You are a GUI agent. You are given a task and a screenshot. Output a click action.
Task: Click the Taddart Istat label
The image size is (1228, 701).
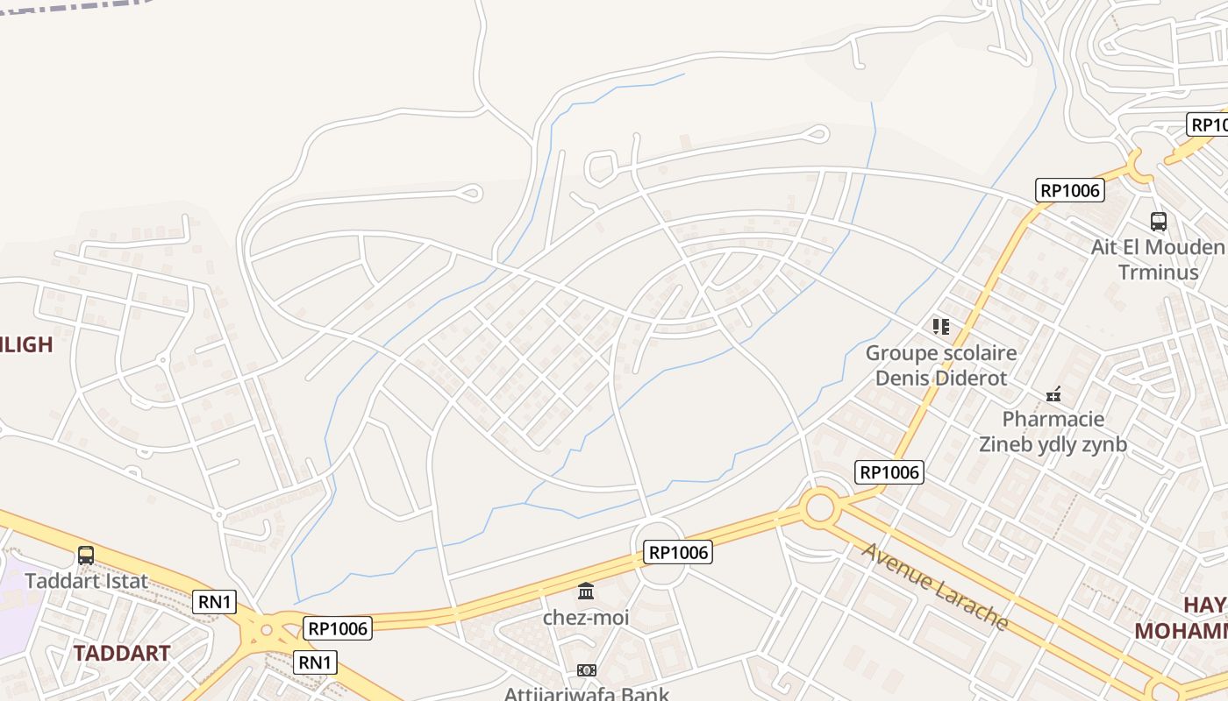[x=86, y=581]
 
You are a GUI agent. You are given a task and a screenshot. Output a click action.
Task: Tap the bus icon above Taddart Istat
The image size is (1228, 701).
[x=86, y=555]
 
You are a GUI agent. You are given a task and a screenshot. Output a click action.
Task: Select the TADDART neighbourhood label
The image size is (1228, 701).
[x=121, y=653]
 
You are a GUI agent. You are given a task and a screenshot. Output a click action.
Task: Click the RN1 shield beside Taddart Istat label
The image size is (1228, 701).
[x=214, y=602]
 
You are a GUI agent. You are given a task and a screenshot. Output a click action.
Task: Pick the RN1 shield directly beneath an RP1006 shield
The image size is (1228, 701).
[x=315, y=662]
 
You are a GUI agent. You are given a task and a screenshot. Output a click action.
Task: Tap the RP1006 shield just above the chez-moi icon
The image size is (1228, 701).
[x=678, y=552]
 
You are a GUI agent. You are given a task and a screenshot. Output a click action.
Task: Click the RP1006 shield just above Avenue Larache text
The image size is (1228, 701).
[x=889, y=472]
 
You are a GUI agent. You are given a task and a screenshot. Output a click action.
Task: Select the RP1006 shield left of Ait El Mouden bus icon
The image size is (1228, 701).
[x=1069, y=190]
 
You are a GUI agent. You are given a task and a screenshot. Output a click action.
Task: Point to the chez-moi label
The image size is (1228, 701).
[x=586, y=617]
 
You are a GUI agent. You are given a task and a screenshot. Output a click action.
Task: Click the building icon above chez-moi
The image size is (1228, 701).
[x=586, y=591]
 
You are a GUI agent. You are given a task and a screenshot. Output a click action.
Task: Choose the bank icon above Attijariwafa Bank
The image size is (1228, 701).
[x=586, y=670]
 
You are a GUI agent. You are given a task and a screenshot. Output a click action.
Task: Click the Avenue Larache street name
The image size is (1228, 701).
[x=935, y=586]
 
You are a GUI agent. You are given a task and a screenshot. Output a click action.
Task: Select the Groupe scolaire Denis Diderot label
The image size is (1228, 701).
[x=941, y=365]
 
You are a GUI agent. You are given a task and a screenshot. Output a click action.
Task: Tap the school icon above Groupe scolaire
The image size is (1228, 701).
[x=941, y=327]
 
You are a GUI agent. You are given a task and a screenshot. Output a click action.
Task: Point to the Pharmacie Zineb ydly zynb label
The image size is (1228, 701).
[x=1053, y=431]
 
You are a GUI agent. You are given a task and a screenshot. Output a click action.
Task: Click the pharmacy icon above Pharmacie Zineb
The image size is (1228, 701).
[x=1053, y=394]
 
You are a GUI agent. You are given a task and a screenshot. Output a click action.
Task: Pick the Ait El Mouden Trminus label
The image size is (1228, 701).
[x=1158, y=259]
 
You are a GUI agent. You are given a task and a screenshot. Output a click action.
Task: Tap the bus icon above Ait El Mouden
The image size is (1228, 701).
[x=1158, y=222]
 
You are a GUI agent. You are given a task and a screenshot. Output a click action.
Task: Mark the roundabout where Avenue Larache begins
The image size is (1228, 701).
[x=819, y=506]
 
